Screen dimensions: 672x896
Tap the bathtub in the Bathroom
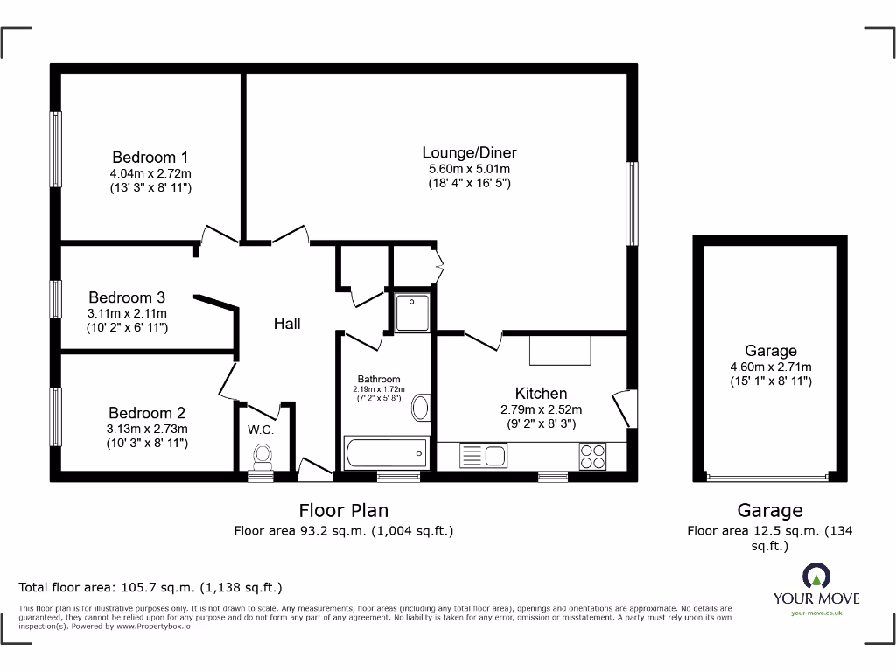(x=386, y=452)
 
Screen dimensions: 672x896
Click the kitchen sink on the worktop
(x=483, y=455)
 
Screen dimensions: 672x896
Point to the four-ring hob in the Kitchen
(x=591, y=455)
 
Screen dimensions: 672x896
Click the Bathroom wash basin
(x=421, y=408)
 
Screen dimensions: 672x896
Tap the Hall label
(x=287, y=324)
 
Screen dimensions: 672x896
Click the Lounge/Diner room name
(x=470, y=152)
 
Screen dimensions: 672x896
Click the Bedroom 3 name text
(x=127, y=297)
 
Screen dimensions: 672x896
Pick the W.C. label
(x=261, y=430)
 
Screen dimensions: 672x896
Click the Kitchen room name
(x=542, y=394)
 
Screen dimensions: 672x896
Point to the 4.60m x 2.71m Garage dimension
(x=771, y=367)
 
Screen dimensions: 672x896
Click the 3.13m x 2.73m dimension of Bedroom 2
(x=147, y=429)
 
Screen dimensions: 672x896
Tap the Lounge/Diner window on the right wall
(x=631, y=203)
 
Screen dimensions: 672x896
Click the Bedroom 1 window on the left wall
(x=56, y=150)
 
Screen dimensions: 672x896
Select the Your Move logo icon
(x=815, y=575)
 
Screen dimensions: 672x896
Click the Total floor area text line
(x=150, y=588)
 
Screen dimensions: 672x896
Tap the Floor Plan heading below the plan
(x=343, y=510)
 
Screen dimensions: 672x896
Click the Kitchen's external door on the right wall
(x=623, y=409)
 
